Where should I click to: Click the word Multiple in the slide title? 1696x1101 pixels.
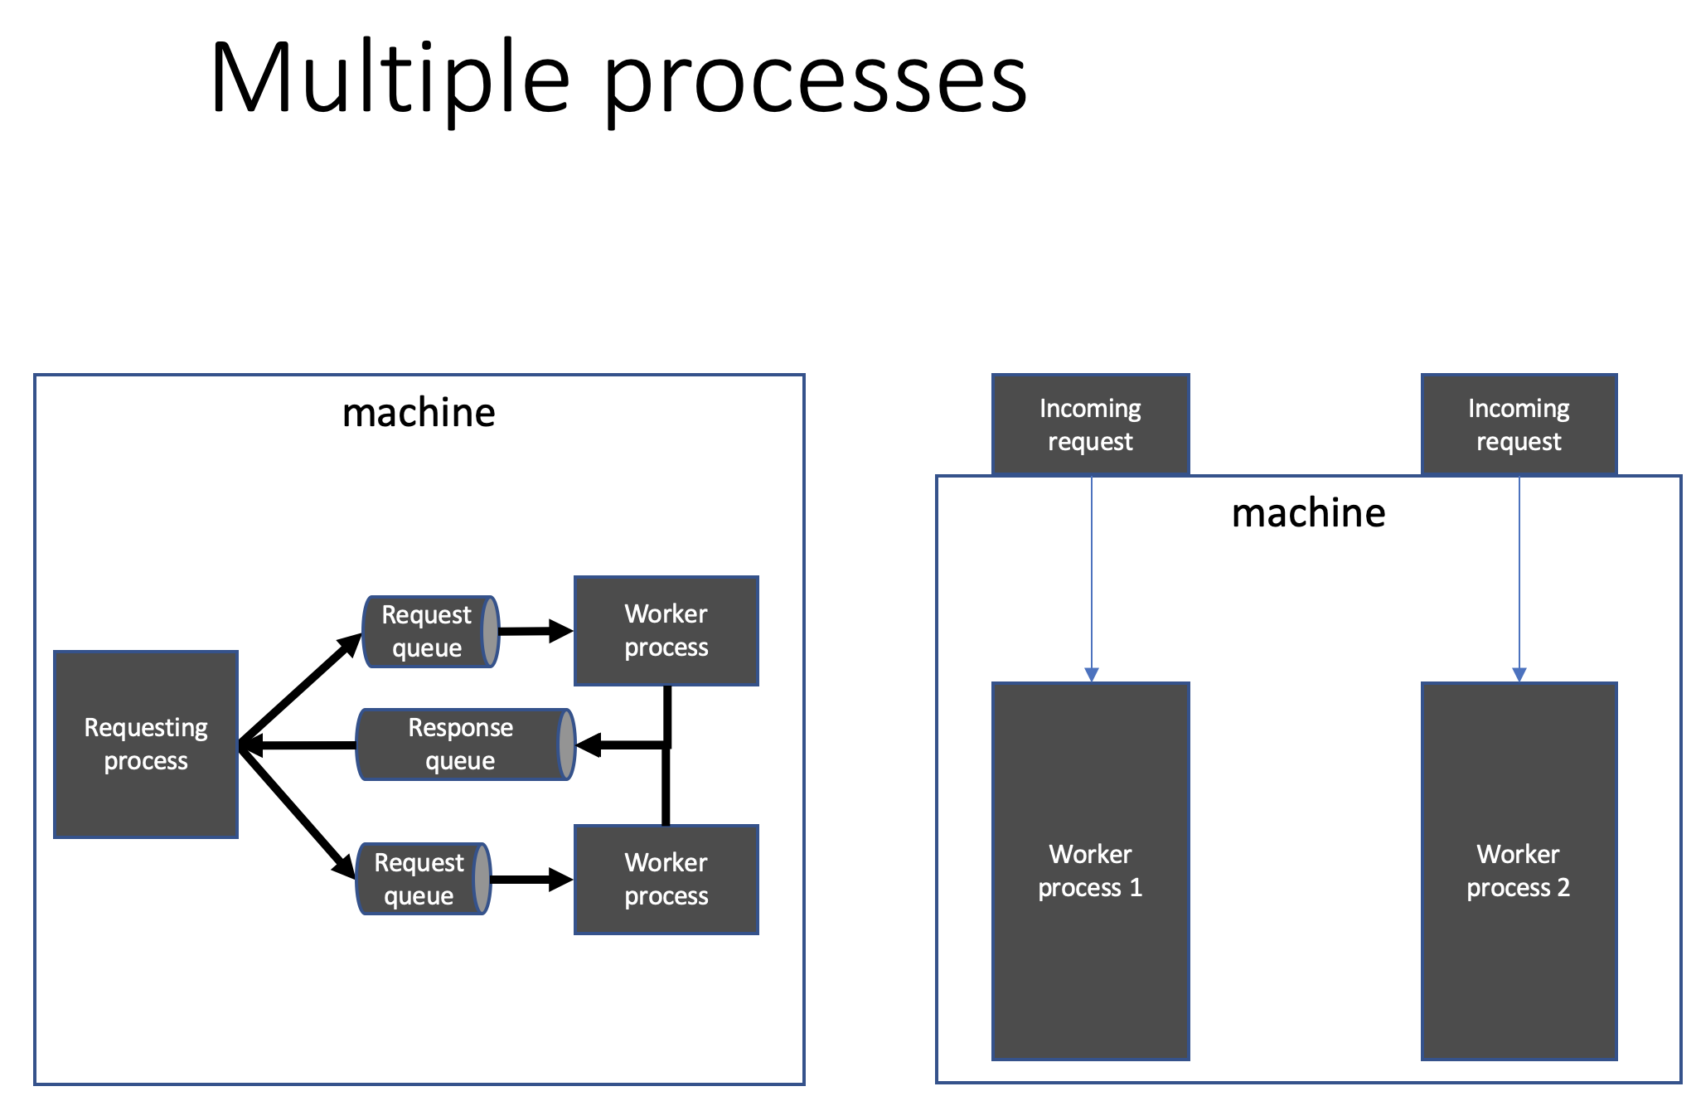pos(390,79)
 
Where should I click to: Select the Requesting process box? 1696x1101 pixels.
pos(146,744)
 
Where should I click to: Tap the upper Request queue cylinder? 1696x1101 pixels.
pos(427,632)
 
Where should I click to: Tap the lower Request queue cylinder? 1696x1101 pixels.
pos(419,879)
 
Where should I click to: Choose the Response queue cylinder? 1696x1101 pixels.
pos(460,745)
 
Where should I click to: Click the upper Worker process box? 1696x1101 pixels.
pos(666,631)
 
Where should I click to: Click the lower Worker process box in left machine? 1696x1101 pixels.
pos(666,879)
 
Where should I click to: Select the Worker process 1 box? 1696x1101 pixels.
pos(1090,871)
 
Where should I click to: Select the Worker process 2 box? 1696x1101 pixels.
pos(1519,871)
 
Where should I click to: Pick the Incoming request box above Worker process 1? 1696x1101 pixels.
pos(1090,424)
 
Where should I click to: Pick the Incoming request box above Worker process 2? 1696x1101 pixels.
pos(1519,424)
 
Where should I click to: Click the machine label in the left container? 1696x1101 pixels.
pos(419,413)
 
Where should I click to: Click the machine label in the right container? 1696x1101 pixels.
pos(1308,513)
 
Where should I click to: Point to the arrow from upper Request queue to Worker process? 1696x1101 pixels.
pos(535,632)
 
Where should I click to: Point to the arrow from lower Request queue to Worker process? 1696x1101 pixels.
pos(531,880)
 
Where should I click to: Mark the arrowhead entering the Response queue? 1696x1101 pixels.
pos(589,745)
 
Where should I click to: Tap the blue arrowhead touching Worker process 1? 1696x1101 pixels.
pos(1092,674)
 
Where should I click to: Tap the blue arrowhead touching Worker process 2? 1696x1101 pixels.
pos(1519,674)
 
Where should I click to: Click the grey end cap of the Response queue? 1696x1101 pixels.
pos(567,745)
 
